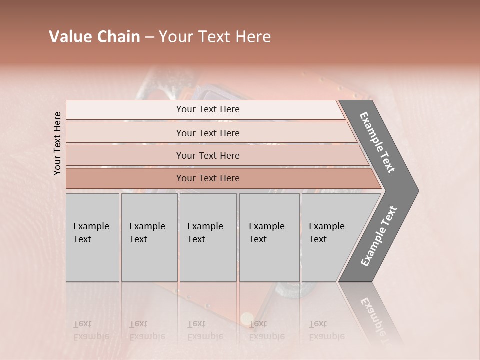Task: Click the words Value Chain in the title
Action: click(94, 37)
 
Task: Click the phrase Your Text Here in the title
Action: click(215, 37)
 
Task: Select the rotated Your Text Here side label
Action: click(57, 143)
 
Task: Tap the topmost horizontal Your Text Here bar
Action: click(208, 109)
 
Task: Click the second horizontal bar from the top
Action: click(208, 133)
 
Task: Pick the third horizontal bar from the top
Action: click(208, 155)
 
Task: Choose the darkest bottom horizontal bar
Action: click(208, 178)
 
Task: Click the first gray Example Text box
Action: click(92, 237)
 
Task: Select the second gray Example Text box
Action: click(149, 237)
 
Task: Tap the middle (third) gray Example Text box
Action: click(208, 237)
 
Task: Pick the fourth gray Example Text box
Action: click(269, 237)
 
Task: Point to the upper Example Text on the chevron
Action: click(377, 142)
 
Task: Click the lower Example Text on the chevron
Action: click(378, 236)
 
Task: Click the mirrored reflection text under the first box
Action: click(91, 330)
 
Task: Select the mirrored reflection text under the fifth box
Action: click(326, 330)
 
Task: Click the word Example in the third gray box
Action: click(205, 226)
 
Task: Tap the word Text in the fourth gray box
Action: click(258, 239)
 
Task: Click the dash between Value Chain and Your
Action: click(149, 37)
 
